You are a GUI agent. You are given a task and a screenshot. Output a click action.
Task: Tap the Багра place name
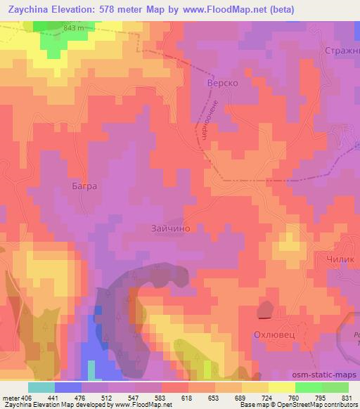pos(83,187)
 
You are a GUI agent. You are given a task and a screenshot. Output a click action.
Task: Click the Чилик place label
pos(342,259)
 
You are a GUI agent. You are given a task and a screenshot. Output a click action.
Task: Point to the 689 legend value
pos(241,397)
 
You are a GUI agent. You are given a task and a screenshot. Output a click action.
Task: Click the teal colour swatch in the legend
pos(41,387)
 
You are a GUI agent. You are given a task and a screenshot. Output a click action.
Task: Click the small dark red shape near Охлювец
pos(267,307)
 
